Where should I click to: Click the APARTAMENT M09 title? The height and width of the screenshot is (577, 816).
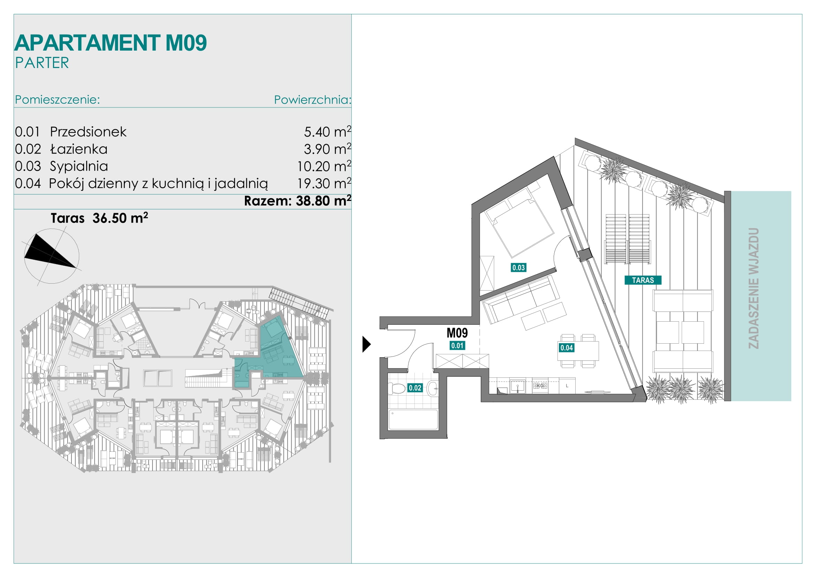point(111,43)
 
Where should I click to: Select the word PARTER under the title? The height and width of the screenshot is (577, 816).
point(42,63)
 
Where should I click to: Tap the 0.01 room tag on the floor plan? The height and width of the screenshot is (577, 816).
point(457,345)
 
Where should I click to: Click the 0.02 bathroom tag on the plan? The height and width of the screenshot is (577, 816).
point(415,388)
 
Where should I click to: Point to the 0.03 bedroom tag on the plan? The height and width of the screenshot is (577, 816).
point(518,268)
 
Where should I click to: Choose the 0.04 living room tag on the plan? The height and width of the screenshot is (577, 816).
point(567,348)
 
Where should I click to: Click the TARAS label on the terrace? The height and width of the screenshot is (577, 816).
point(643,280)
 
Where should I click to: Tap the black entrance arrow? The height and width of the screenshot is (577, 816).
point(366,344)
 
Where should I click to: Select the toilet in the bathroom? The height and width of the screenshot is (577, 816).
point(397,388)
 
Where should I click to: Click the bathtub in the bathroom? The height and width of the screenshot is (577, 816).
point(413,420)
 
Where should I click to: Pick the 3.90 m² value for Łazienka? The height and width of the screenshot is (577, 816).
point(327,149)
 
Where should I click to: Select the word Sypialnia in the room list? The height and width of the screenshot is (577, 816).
point(79,166)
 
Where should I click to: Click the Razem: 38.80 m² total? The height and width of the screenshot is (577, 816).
point(298,201)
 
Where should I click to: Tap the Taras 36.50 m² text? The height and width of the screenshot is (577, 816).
point(99,218)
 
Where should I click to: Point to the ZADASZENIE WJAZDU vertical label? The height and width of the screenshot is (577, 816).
point(754,288)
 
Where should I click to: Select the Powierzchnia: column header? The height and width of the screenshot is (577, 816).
point(313,100)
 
